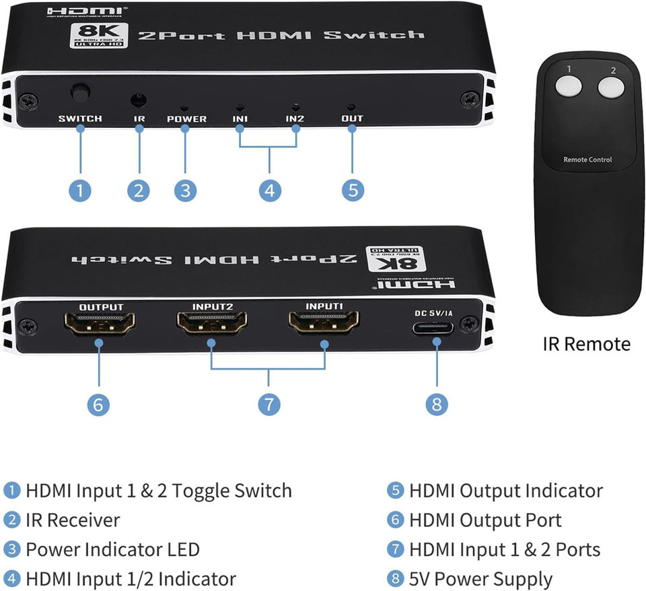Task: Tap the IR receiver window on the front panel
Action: coord(139,101)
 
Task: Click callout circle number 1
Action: coord(80,190)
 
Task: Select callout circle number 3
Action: coord(185,190)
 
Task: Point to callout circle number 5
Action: coord(352,190)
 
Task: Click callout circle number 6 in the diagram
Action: coord(98,404)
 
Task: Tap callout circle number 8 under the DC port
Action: coord(437,404)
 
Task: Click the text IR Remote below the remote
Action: coord(587,344)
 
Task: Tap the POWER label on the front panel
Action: coord(186,119)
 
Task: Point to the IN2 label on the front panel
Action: coord(295,119)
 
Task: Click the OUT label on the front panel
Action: coord(352,119)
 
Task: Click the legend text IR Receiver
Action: coord(73,520)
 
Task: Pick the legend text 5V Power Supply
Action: coord(480,579)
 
